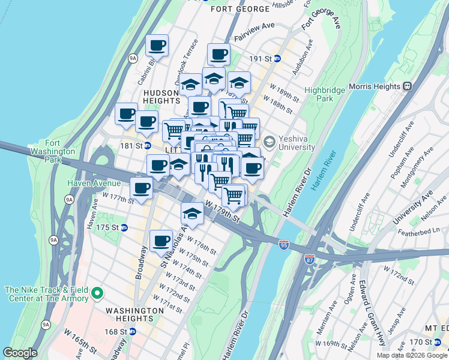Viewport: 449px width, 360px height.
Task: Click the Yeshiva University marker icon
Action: click(268, 142)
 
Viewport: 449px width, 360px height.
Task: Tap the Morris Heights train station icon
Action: click(408, 86)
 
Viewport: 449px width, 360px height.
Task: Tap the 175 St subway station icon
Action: click(124, 227)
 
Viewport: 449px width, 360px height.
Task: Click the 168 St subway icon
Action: click(133, 331)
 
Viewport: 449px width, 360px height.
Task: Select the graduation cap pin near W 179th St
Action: click(191, 212)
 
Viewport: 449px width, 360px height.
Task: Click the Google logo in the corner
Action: click(20, 353)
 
